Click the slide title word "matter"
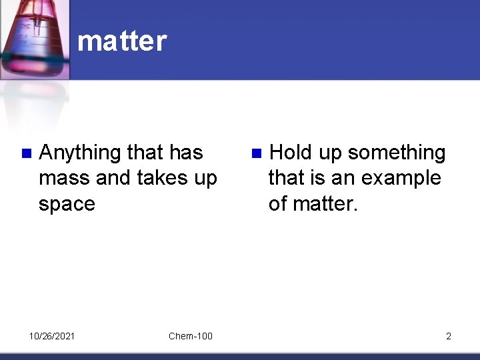coord(121,41)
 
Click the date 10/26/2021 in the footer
coord(52,336)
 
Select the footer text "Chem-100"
coord(191,336)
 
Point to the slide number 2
coord(448,336)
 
